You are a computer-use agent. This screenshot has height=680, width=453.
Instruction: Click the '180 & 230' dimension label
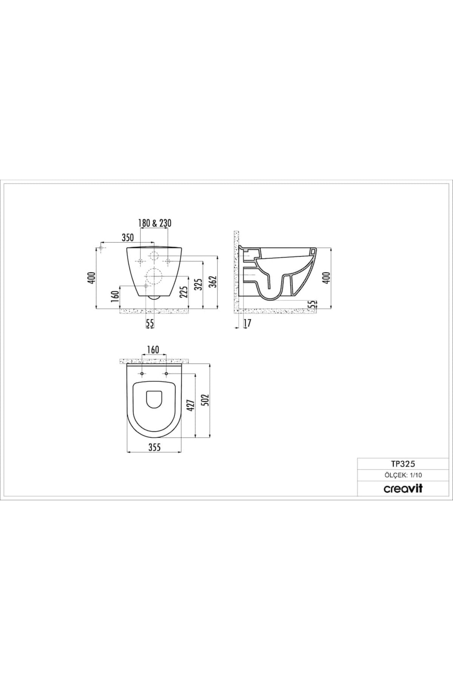(x=155, y=223)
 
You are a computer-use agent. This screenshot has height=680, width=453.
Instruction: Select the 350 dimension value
(x=128, y=238)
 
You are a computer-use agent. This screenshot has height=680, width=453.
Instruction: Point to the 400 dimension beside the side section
(x=327, y=278)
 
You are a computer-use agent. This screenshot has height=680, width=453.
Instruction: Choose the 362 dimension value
(x=214, y=281)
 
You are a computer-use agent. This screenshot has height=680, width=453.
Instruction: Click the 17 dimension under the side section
(x=248, y=323)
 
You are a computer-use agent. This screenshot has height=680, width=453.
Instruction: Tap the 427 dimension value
(x=191, y=405)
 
